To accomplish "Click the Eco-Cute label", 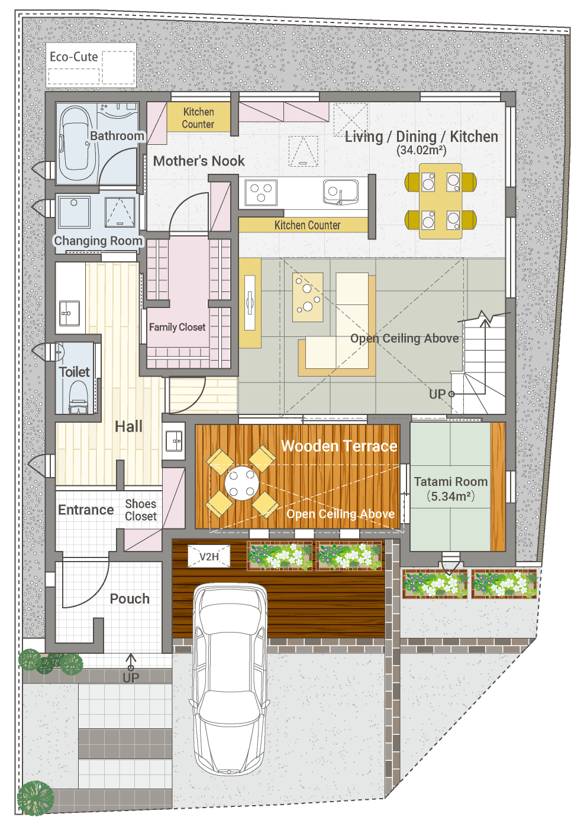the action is pos(74,57).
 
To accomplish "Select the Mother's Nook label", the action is pos(199,161).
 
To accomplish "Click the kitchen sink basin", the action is pos(341,192).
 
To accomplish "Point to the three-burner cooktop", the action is pos(261,192).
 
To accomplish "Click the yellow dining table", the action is pos(440,201).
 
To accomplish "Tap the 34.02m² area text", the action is pos(421,150).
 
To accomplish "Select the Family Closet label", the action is pos(177,327).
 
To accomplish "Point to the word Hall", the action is pos(128,426).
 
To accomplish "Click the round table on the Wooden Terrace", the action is pos(241,483).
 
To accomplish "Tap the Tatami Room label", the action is pos(450,481).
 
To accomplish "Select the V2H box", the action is pos(209,556).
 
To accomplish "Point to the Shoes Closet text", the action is pos(141,510).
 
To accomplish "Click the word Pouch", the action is pos(130,599).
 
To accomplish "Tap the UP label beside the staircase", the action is pos(437,394).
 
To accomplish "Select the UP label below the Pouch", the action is pos(131,677).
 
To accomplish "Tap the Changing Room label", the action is pos(98,241).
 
